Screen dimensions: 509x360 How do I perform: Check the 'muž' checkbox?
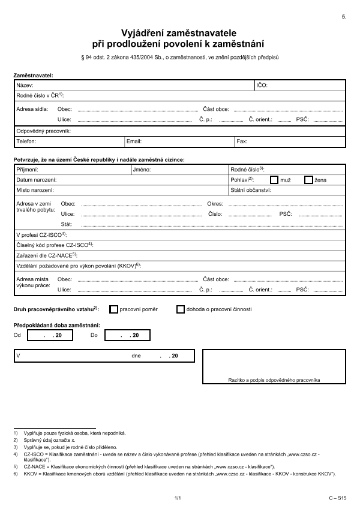[274, 179]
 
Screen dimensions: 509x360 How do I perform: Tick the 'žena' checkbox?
[308, 179]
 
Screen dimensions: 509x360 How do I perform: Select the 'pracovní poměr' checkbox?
[114, 309]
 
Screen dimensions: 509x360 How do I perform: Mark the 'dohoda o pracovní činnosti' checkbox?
[180, 309]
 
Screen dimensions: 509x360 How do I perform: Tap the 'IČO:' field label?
[262, 86]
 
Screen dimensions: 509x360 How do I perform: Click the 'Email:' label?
[134, 141]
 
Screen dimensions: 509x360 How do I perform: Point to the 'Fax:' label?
[242, 141]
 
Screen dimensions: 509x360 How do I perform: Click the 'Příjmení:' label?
[27, 170]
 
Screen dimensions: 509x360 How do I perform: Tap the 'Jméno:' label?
[142, 170]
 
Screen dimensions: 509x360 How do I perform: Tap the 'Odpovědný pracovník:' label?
[44, 131]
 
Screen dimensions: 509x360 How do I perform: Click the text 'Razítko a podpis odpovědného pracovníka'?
[274, 380]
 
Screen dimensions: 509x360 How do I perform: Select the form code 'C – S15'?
[337, 498]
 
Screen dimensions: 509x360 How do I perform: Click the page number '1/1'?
[178, 498]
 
